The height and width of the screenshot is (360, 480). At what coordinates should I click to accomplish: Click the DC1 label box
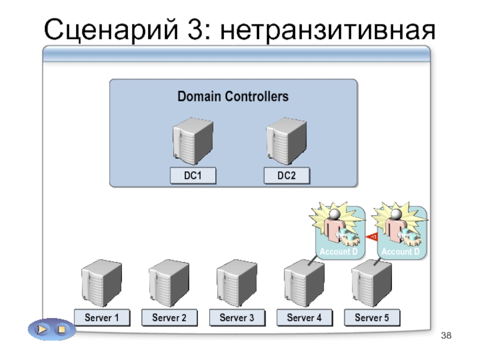tap(193, 176)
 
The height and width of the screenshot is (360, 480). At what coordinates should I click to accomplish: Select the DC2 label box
tap(287, 176)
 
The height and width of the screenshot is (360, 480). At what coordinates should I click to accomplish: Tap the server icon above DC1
tap(193, 142)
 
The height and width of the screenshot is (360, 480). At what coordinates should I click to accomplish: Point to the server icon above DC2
tap(287, 142)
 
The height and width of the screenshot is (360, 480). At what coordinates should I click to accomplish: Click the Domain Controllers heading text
tap(233, 97)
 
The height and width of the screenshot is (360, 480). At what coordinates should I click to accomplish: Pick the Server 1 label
tap(102, 318)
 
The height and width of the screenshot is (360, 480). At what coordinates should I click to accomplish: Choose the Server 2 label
tap(169, 318)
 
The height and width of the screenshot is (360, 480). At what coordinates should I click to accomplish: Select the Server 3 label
tap(237, 318)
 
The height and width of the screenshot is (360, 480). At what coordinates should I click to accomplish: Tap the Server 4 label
tap(304, 318)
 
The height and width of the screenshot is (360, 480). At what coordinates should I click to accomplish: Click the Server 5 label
tap(372, 318)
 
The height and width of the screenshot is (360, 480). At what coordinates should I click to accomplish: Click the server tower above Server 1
tap(101, 283)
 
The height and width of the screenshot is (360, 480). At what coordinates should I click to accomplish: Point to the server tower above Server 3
tap(236, 283)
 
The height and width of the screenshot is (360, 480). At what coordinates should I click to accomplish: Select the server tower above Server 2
tap(169, 283)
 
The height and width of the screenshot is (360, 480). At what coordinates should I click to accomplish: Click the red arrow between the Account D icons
tap(371, 236)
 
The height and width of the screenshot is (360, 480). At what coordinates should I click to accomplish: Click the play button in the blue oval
tap(42, 329)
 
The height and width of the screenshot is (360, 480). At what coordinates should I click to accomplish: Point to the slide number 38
tap(446, 335)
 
